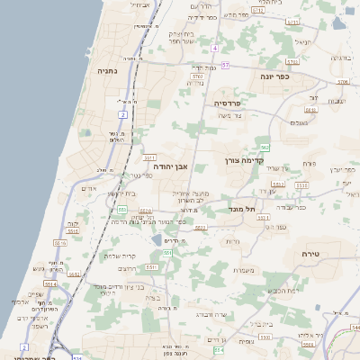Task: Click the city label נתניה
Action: pos(103,70)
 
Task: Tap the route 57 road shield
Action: pos(225,66)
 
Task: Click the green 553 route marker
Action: pos(121,210)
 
